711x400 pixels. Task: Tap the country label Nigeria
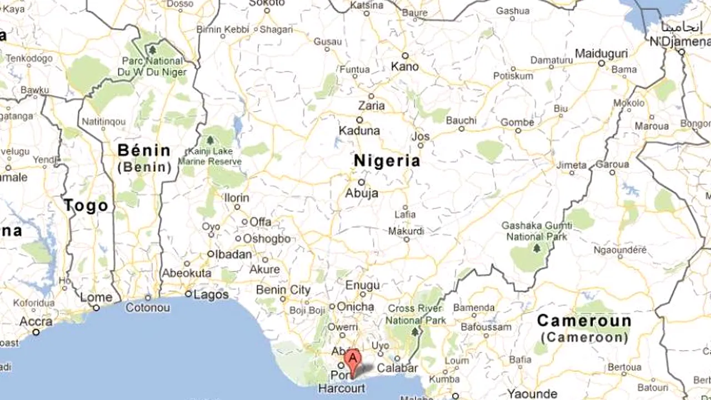pyautogui.click(x=387, y=161)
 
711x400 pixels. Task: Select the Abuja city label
pyautogui.click(x=362, y=193)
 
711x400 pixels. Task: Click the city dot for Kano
pyautogui.click(x=405, y=56)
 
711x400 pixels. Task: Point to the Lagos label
pyautogui.click(x=211, y=294)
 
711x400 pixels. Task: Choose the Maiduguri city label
pyautogui.click(x=601, y=54)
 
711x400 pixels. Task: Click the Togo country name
pyautogui.click(x=86, y=206)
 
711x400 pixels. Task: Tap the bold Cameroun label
pyautogui.click(x=584, y=321)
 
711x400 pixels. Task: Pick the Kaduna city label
pyautogui.click(x=359, y=131)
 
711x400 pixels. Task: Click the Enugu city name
pyautogui.click(x=362, y=286)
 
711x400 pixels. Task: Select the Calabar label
pyautogui.click(x=397, y=368)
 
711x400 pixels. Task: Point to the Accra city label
pyautogui.click(x=36, y=322)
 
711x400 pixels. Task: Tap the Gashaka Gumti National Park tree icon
pyautogui.click(x=537, y=248)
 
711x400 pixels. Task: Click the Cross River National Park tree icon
pyautogui.click(x=414, y=332)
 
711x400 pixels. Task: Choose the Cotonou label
pyautogui.click(x=148, y=307)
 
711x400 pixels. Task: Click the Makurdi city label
pyautogui.click(x=406, y=231)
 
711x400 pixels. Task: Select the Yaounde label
pyautogui.click(x=532, y=394)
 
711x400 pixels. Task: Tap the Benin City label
pyautogui.click(x=283, y=290)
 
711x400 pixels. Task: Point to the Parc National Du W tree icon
pyautogui.click(x=152, y=50)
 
